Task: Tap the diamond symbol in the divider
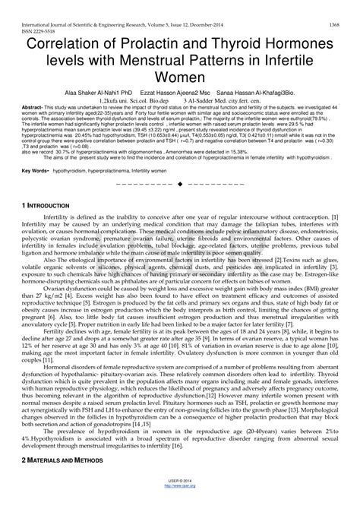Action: (x=179, y=185)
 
